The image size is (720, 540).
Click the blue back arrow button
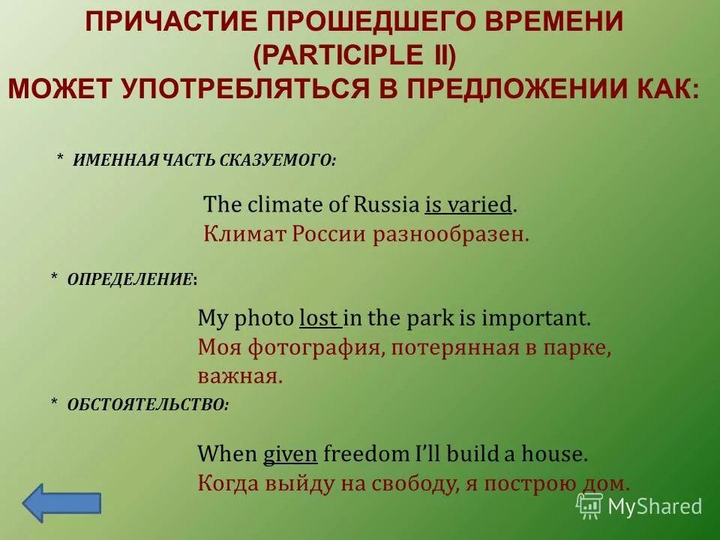coord(61,502)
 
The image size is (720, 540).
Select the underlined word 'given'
coord(291,454)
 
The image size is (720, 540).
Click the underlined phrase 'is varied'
coord(469,204)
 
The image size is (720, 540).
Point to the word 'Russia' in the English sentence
coord(386,204)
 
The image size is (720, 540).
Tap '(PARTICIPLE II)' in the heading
coord(354,55)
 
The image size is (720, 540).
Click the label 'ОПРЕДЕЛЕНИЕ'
coord(130,278)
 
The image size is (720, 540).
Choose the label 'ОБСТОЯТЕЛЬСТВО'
coord(148,404)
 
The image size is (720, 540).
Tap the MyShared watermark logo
coord(639,505)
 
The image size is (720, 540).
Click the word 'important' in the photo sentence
coord(535,318)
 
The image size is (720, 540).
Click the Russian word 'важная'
coord(240,376)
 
